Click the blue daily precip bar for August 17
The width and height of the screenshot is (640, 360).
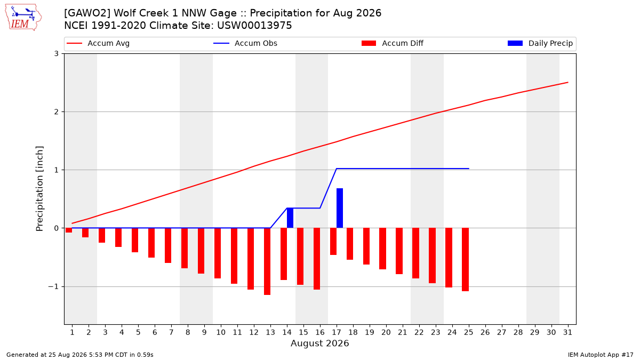tap(340, 208)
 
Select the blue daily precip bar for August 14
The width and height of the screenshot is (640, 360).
tap(290, 218)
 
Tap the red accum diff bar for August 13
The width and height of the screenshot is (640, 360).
tap(267, 261)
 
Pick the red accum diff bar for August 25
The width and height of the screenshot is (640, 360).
tap(466, 259)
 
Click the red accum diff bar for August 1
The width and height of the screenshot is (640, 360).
tap(69, 230)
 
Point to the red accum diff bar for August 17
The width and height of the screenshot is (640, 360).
tap(333, 242)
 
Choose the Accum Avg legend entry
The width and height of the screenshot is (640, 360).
tap(98, 43)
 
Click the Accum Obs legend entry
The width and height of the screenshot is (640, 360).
tap(245, 43)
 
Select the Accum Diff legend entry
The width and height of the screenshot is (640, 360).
tap(393, 43)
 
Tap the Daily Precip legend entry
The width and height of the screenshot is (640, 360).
tap(540, 43)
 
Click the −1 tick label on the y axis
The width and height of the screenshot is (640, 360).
tap(53, 286)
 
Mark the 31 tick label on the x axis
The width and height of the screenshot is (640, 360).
tap(567, 332)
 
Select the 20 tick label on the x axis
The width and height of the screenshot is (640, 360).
tap(386, 332)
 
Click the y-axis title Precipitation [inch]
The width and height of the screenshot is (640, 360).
tap(39, 189)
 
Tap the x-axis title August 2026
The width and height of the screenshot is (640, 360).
tap(319, 343)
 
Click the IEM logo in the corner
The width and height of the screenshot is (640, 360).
tap(23, 18)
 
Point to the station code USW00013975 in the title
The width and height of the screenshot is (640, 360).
tap(254, 26)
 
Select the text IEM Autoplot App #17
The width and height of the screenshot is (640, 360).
tap(601, 355)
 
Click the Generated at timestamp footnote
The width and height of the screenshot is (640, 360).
tap(79, 355)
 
